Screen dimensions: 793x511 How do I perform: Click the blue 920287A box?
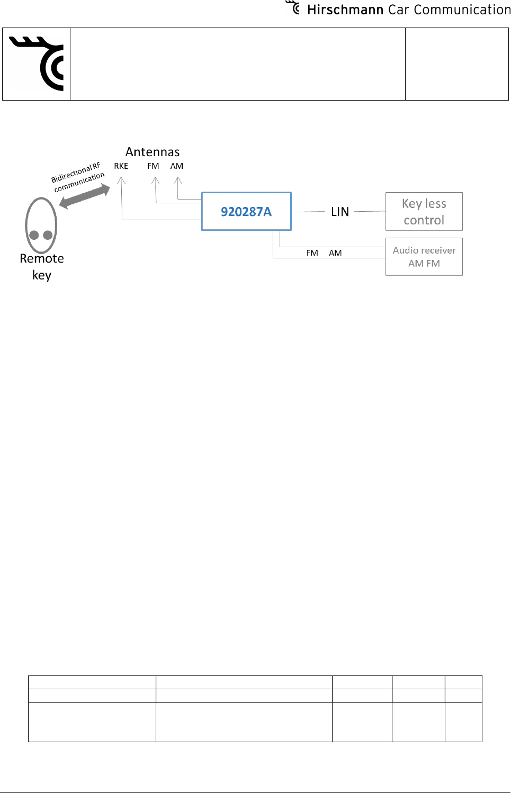[246, 211]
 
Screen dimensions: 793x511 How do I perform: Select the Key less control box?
[424, 211]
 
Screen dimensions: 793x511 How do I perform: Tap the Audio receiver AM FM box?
[424, 257]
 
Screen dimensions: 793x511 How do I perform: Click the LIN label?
[340, 212]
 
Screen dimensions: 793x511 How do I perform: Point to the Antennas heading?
[153, 152]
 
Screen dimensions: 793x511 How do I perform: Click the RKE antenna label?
[121, 166]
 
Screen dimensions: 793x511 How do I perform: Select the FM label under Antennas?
[153, 166]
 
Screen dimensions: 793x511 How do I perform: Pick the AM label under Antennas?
[177, 166]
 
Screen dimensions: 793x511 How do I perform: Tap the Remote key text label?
[42, 266]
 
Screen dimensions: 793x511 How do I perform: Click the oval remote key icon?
[41, 226]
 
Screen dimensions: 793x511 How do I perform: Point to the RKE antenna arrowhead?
[121, 181]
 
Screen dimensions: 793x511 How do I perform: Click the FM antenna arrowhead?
[155, 181]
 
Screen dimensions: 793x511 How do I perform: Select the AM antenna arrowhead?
[178, 181]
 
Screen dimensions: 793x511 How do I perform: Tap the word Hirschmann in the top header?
[345, 10]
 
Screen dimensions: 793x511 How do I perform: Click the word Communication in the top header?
[462, 10]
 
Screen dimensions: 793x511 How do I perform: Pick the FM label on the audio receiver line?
[312, 253]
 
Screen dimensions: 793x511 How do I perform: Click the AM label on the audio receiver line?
[335, 253]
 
